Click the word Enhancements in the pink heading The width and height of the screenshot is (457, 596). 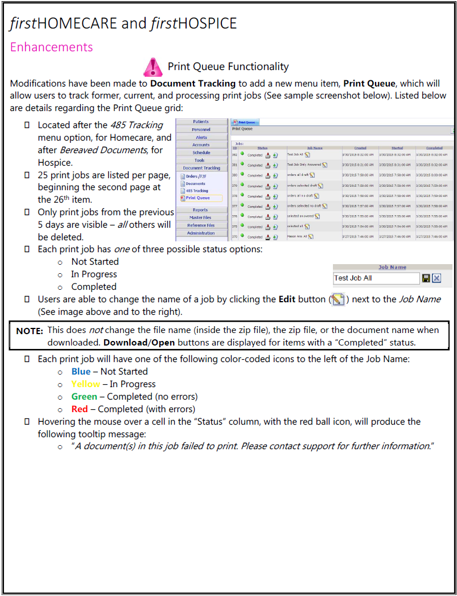(51, 47)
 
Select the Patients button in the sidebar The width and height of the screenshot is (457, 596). (201, 122)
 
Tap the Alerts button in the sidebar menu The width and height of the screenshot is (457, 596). (201, 137)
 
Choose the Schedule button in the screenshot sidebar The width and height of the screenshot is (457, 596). (201, 153)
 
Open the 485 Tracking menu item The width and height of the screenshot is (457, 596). (197, 191)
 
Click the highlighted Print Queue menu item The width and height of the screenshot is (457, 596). (197, 198)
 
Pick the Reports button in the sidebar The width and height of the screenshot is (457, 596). (201, 210)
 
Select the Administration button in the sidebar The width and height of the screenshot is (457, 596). (201, 233)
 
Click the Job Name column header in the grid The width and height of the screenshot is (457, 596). (315, 148)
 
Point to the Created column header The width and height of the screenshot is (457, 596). (360, 148)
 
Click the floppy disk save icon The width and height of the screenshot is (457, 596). (425, 278)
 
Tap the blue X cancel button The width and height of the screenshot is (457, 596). (437, 278)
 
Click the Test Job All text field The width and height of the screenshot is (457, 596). (376, 278)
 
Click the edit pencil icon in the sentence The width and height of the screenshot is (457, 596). (338, 299)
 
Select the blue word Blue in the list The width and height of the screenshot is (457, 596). (81, 371)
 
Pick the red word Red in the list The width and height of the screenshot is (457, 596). (80, 409)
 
